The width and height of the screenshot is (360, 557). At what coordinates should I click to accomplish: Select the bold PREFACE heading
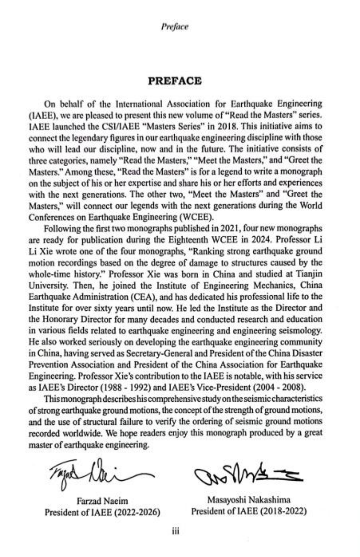[x=175, y=81]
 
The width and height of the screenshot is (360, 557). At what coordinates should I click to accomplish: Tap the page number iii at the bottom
[x=176, y=531]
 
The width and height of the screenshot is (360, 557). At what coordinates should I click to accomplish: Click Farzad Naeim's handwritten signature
[x=96, y=472]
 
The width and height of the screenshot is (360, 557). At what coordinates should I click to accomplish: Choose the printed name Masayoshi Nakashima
[x=249, y=500]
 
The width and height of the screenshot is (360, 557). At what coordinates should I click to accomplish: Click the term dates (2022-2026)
[x=138, y=512]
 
